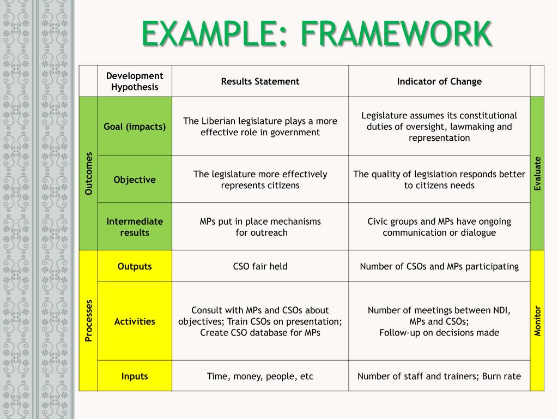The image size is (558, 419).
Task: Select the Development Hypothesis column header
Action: coord(135,81)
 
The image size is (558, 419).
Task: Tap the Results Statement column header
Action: coord(260,81)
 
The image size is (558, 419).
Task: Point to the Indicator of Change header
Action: coord(439,81)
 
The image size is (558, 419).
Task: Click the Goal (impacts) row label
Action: coord(135,127)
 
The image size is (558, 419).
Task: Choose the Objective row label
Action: coord(135,179)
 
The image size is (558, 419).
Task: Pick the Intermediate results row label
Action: coord(135,227)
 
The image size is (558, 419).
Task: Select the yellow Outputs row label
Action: coord(135,266)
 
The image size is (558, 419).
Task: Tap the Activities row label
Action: coord(135,321)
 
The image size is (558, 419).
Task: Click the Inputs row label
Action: coord(135,376)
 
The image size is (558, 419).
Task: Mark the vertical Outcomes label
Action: coord(88,173)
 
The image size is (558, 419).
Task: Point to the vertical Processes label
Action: coord(88,320)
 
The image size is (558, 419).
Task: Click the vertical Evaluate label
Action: coord(537,173)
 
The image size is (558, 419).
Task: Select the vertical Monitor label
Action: coord(537,320)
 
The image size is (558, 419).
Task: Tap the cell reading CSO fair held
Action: coord(260,266)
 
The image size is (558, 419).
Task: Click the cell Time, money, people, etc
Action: coord(260,376)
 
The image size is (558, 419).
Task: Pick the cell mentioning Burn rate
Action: coord(439,376)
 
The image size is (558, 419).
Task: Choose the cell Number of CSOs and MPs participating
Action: coord(439,266)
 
